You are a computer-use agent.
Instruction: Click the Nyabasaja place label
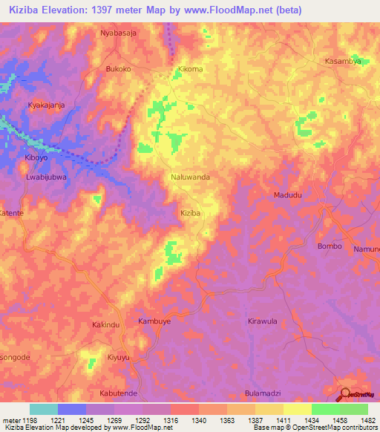pyautogui.click(x=119, y=33)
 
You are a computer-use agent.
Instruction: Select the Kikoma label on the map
pyautogui.click(x=191, y=69)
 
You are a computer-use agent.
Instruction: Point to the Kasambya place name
pyautogui.click(x=343, y=62)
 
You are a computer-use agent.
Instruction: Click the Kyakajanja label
pyautogui.click(x=46, y=105)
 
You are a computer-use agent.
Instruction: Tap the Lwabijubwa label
pyautogui.click(x=46, y=177)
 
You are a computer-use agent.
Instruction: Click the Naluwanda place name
pyautogui.click(x=191, y=178)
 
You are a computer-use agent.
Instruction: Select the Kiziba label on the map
pyautogui.click(x=191, y=213)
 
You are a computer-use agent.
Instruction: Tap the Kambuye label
pyautogui.click(x=155, y=321)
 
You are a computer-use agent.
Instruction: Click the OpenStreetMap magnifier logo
pyautogui.click(x=344, y=393)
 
